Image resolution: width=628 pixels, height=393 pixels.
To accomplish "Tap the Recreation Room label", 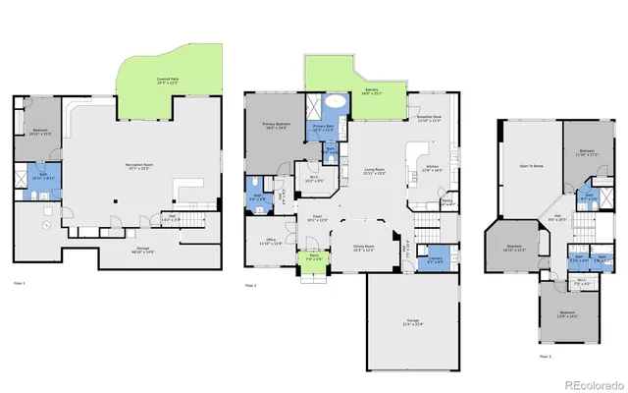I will point(144,166).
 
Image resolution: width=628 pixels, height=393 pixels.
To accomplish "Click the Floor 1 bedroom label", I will point(40,132).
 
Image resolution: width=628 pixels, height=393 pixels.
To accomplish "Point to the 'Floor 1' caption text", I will point(19,283).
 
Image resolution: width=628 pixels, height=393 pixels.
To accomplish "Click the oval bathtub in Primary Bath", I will point(336,100).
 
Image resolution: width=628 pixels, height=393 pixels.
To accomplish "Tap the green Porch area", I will point(309,261).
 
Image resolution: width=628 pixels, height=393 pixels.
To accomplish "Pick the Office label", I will point(271,241).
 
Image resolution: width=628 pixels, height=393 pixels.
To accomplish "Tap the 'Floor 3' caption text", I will point(545,356).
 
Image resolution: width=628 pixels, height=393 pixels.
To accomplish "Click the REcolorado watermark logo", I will point(591,383).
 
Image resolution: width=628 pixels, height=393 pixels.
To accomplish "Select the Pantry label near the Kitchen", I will point(446,202).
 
